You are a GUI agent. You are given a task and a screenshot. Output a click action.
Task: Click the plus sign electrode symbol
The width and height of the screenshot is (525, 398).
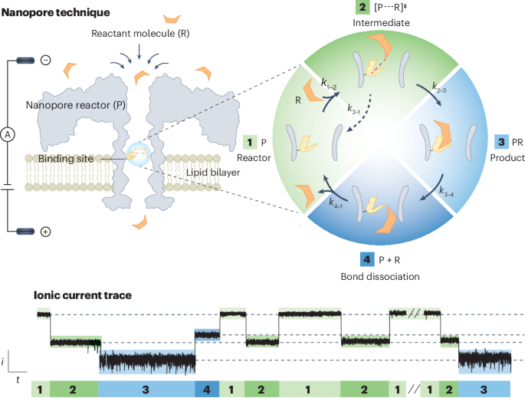point(45,231)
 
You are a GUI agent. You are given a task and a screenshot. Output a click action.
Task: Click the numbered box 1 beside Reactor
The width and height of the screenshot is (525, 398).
point(248,143)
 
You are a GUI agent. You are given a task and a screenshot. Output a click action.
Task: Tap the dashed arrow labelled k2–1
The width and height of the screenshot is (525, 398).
point(354,112)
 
